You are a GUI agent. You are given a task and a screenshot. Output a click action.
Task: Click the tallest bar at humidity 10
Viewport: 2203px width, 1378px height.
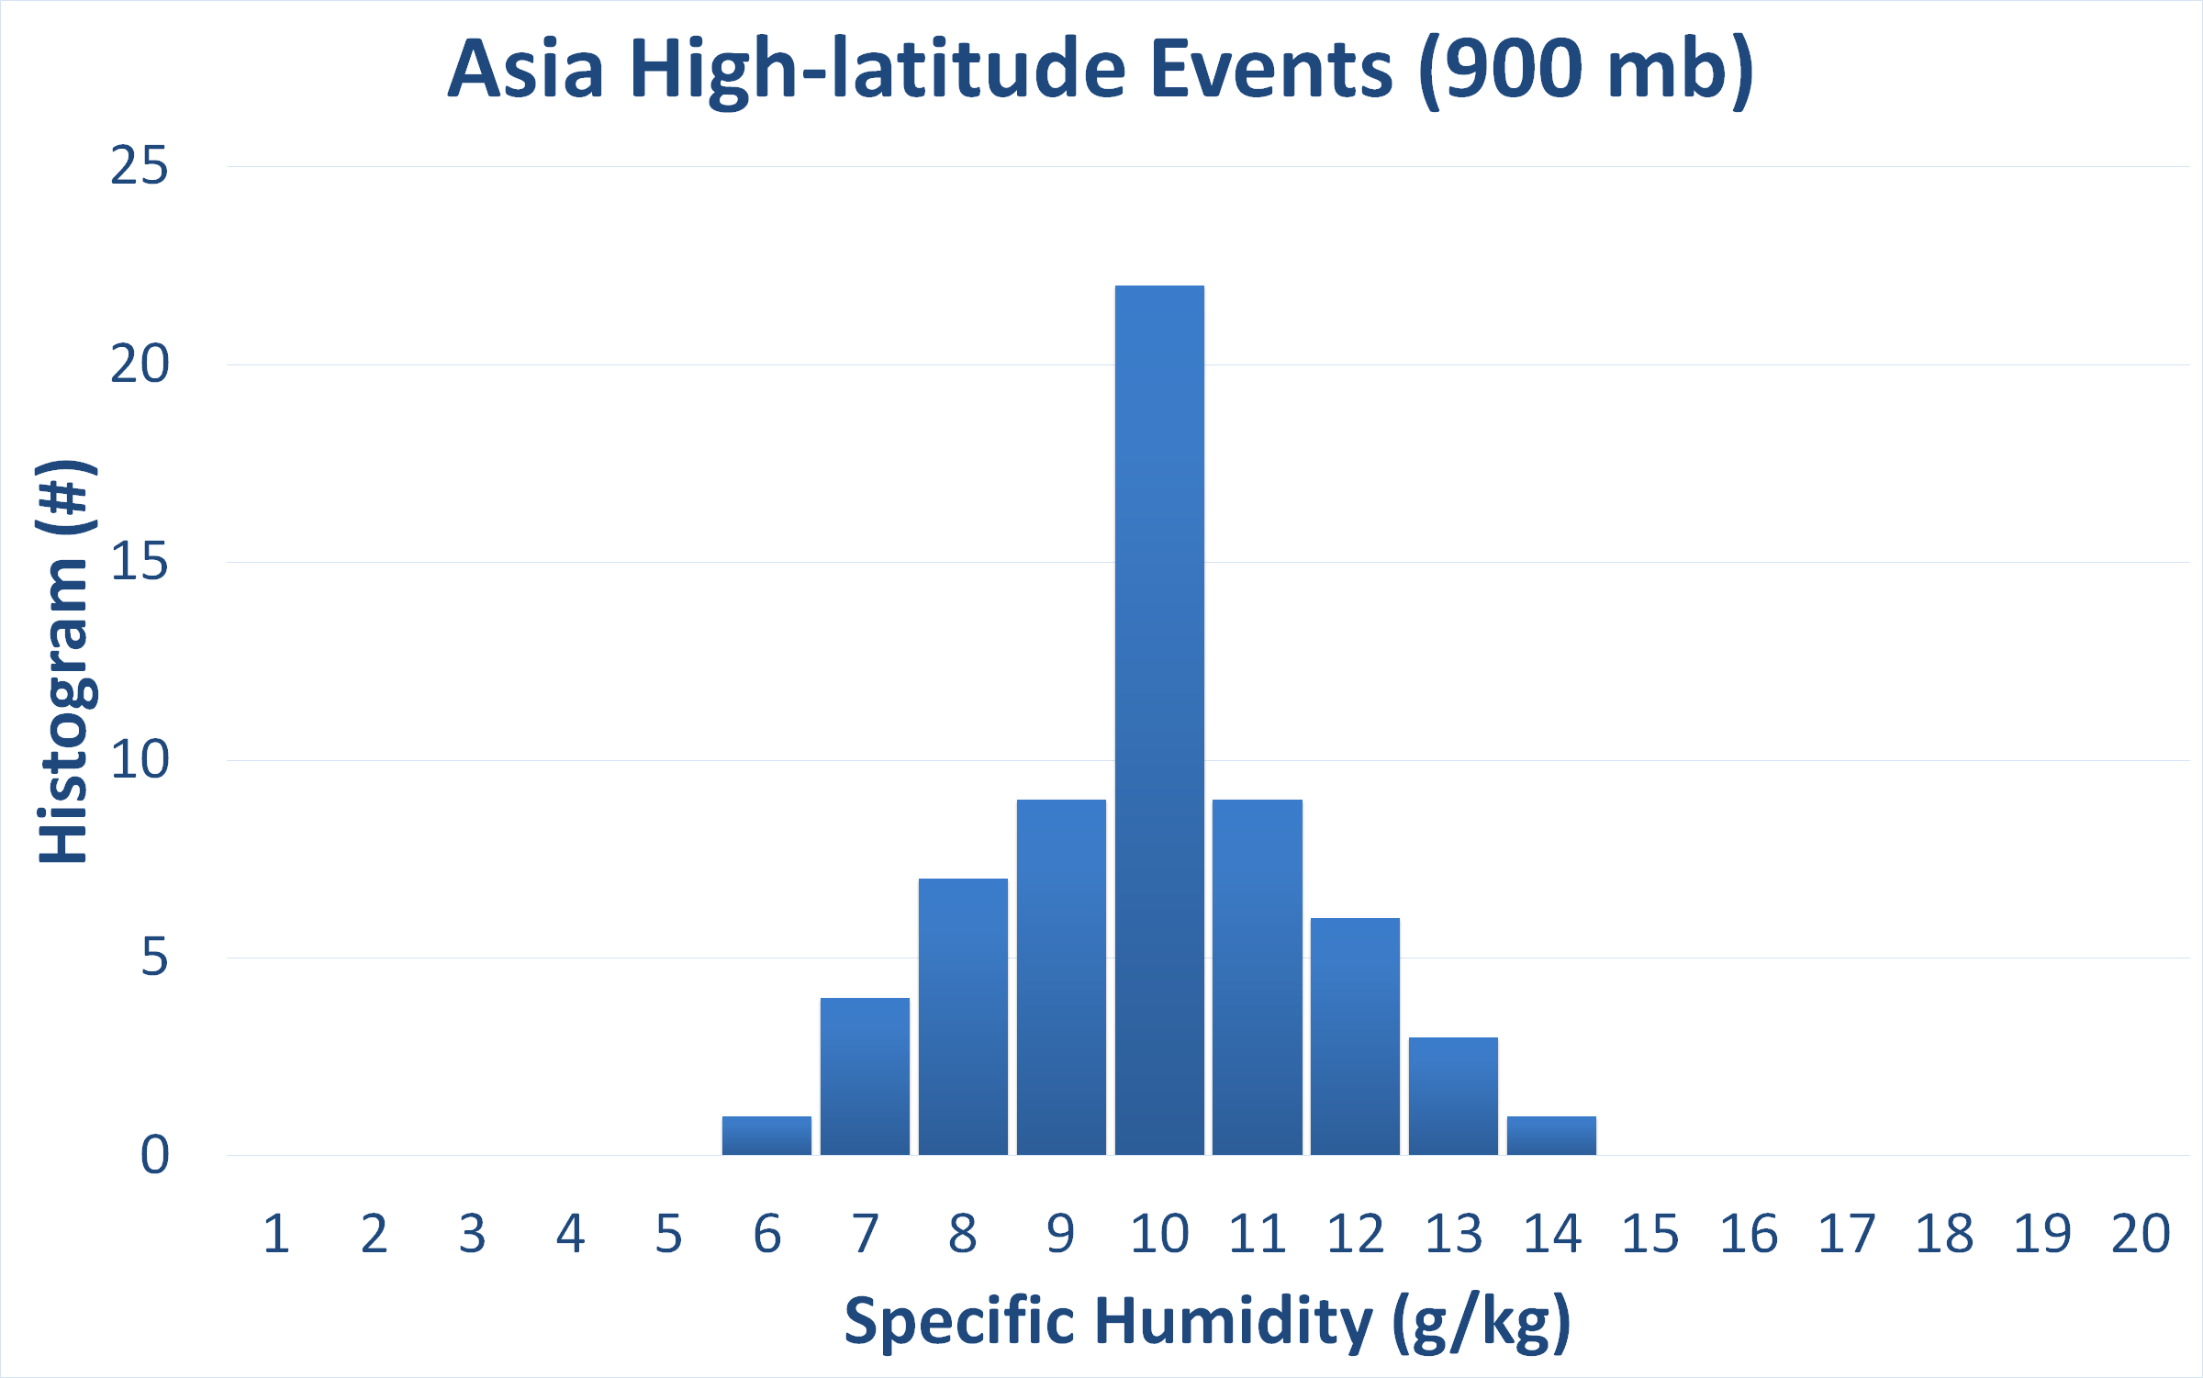pos(1159,720)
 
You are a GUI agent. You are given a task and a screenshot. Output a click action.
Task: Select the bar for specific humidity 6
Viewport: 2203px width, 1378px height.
pos(766,1136)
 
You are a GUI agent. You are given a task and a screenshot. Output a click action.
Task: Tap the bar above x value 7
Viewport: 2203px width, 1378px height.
pos(865,1076)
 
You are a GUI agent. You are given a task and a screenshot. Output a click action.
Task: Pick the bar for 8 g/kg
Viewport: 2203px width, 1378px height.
pos(963,1016)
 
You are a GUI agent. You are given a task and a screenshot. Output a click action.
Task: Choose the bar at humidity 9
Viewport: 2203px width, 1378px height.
pos(1061,977)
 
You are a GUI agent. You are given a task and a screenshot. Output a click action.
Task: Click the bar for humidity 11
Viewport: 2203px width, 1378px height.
pos(1258,977)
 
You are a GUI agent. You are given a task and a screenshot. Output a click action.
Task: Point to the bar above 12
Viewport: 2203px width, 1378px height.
pos(1355,1036)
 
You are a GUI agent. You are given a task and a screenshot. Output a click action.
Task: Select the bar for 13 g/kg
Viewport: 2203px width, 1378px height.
pos(1453,1096)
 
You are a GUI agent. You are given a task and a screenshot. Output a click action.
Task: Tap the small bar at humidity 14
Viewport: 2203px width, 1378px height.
pos(1551,1136)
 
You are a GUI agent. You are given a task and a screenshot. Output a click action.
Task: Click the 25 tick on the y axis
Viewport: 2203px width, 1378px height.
pos(140,166)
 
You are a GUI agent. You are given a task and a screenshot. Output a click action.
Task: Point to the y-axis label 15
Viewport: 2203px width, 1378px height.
pos(140,562)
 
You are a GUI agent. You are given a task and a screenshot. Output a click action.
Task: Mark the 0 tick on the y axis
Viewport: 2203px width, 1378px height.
pos(155,1155)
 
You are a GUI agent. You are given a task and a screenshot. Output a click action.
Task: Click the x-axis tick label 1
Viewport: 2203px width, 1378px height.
pos(276,1233)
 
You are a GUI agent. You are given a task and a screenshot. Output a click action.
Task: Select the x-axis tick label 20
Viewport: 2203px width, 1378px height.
pos(2141,1233)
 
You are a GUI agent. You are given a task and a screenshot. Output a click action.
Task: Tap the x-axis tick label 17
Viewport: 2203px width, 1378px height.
pos(1847,1233)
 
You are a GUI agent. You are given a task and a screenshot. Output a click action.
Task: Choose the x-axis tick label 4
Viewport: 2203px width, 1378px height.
pos(571,1233)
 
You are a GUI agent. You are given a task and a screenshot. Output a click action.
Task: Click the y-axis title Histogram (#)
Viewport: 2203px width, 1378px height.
pos(64,661)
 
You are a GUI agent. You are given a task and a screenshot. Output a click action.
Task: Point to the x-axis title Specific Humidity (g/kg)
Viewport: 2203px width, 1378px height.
pos(1208,1322)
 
